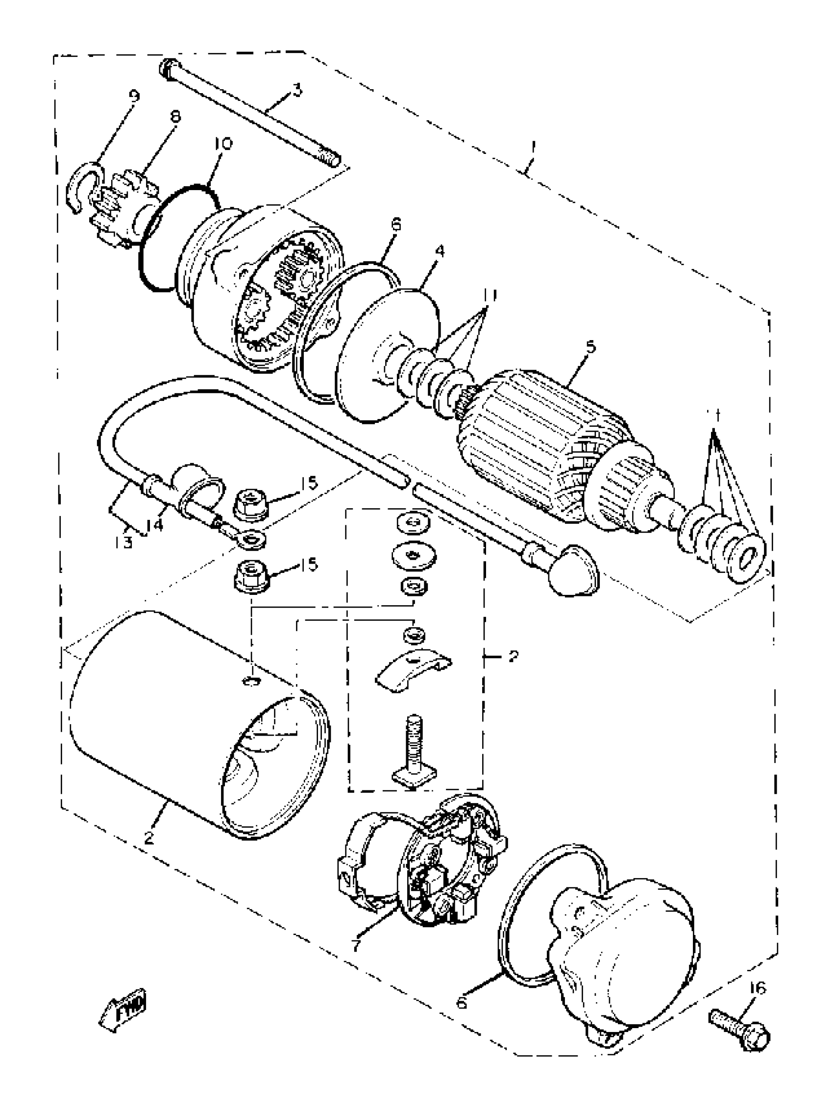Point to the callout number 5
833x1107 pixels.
(x=590, y=347)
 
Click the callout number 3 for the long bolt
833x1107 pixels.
(x=297, y=91)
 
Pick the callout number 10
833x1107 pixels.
(x=223, y=144)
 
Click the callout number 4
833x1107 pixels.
(x=439, y=251)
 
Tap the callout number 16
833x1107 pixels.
(x=758, y=988)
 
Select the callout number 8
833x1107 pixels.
(x=175, y=117)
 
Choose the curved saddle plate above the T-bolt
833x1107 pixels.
(x=413, y=670)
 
